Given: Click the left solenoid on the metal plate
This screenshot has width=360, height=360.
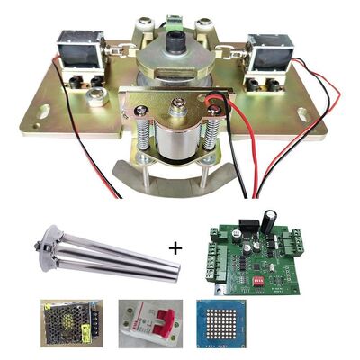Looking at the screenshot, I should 79,50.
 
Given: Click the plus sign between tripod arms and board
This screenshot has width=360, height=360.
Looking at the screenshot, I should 173,246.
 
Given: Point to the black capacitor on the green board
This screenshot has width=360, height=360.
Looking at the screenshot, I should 269,220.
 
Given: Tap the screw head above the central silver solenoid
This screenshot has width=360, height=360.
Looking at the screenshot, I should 180,112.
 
